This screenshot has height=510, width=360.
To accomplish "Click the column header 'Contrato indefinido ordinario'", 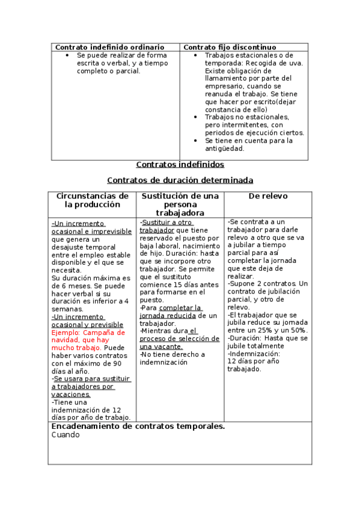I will [x=109, y=47].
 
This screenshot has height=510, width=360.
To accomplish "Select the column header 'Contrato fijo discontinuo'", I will [x=230, y=47].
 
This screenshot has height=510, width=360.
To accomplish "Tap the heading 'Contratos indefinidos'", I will [x=180, y=164].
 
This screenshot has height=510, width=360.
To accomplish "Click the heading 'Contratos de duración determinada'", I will [x=180, y=180].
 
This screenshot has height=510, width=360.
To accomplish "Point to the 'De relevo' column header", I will [x=268, y=196].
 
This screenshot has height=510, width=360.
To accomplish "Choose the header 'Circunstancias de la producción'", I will [x=92, y=200].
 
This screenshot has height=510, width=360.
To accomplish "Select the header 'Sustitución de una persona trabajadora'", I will [x=180, y=204].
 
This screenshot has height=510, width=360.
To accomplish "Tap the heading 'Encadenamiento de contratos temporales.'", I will [x=138, y=426].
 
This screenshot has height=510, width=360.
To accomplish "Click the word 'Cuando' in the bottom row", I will [x=65, y=435].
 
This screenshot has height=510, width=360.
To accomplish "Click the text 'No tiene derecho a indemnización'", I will [x=172, y=358].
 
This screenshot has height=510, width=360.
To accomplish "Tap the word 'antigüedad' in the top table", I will [x=224, y=149].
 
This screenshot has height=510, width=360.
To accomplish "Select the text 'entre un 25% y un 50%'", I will [x=267, y=330].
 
